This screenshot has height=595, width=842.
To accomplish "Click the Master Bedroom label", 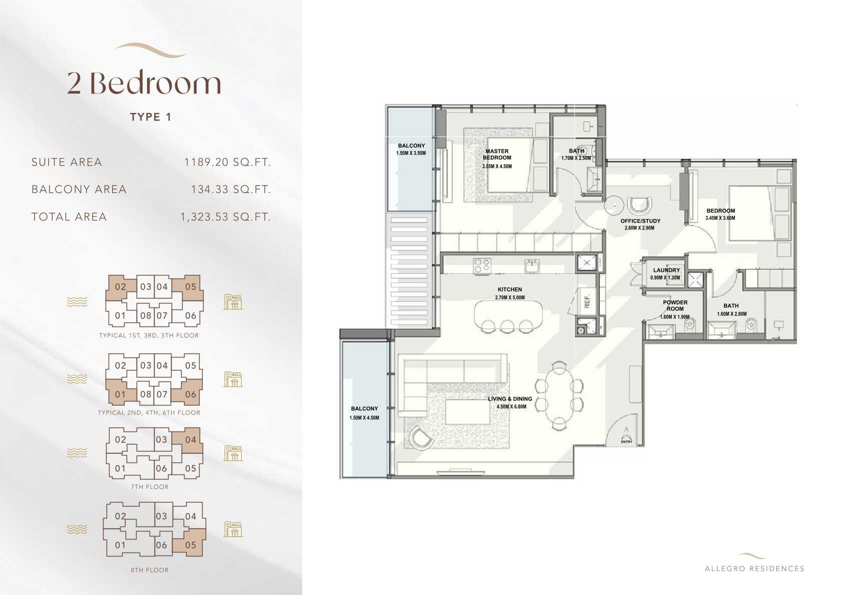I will pos(497,154).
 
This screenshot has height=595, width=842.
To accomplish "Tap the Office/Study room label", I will pos(640,221).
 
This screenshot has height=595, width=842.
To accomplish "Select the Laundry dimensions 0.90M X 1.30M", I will pos(665,278).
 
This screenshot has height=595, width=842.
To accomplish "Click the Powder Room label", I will pos(675,305).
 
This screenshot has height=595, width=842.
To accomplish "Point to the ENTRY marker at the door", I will pos(626,441).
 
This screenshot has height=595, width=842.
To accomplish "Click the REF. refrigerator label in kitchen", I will pos(587,301).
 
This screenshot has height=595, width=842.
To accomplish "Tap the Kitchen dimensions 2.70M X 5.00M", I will pos(510,297).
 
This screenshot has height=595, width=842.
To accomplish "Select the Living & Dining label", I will pos(510,399).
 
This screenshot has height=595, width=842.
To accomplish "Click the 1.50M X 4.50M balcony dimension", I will pos(364,417).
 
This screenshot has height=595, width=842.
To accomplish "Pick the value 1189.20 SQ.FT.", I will pos(227,162).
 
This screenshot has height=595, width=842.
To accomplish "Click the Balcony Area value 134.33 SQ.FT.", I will pos(230,189).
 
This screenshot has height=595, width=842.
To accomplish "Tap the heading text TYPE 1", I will pos(151,117).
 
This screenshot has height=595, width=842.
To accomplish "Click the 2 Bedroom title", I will pos(144,83).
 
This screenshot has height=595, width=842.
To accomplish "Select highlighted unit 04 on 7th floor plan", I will pos(191,440).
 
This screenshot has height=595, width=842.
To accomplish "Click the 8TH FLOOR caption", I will pos(150,570).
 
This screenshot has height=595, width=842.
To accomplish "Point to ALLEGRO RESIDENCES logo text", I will pos(754,568).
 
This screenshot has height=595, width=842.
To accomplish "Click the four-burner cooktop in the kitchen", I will pos(481,265).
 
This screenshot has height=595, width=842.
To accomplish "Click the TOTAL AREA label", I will pos(69,217).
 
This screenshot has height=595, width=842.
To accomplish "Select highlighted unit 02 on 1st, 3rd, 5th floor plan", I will pos(120,287).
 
